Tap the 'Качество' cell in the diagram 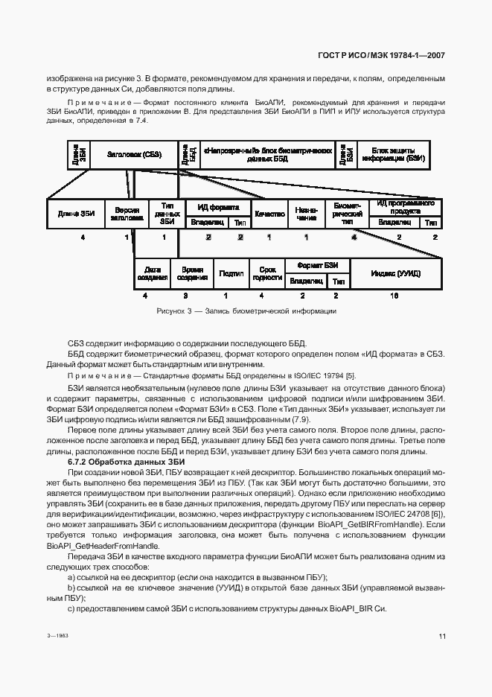pyautogui.click(x=270, y=214)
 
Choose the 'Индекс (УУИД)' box pyautogui.click(x=396, y=274)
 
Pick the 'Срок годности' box pyautogui.click(x=267, y=274)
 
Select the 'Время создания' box pyautogui.click(x=192, y=274)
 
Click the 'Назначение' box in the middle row pyautogui.click(x=306, y=214)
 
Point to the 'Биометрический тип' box pyautogui.click(x=347, y=214)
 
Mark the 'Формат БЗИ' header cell pyautogui.click(x=318, y=265)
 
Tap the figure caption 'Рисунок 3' pyautogui.click(x=246, y=311)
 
